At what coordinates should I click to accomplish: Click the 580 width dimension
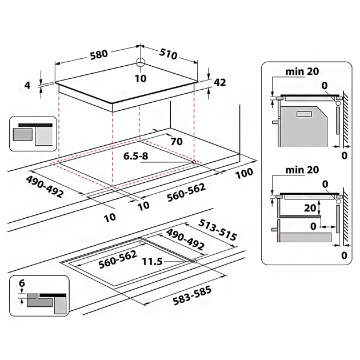click(98, 55)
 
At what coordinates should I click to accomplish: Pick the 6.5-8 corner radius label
click(139, 155)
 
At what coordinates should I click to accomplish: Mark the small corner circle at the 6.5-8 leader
click(194, 162)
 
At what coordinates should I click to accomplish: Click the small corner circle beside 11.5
click(195, 261)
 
